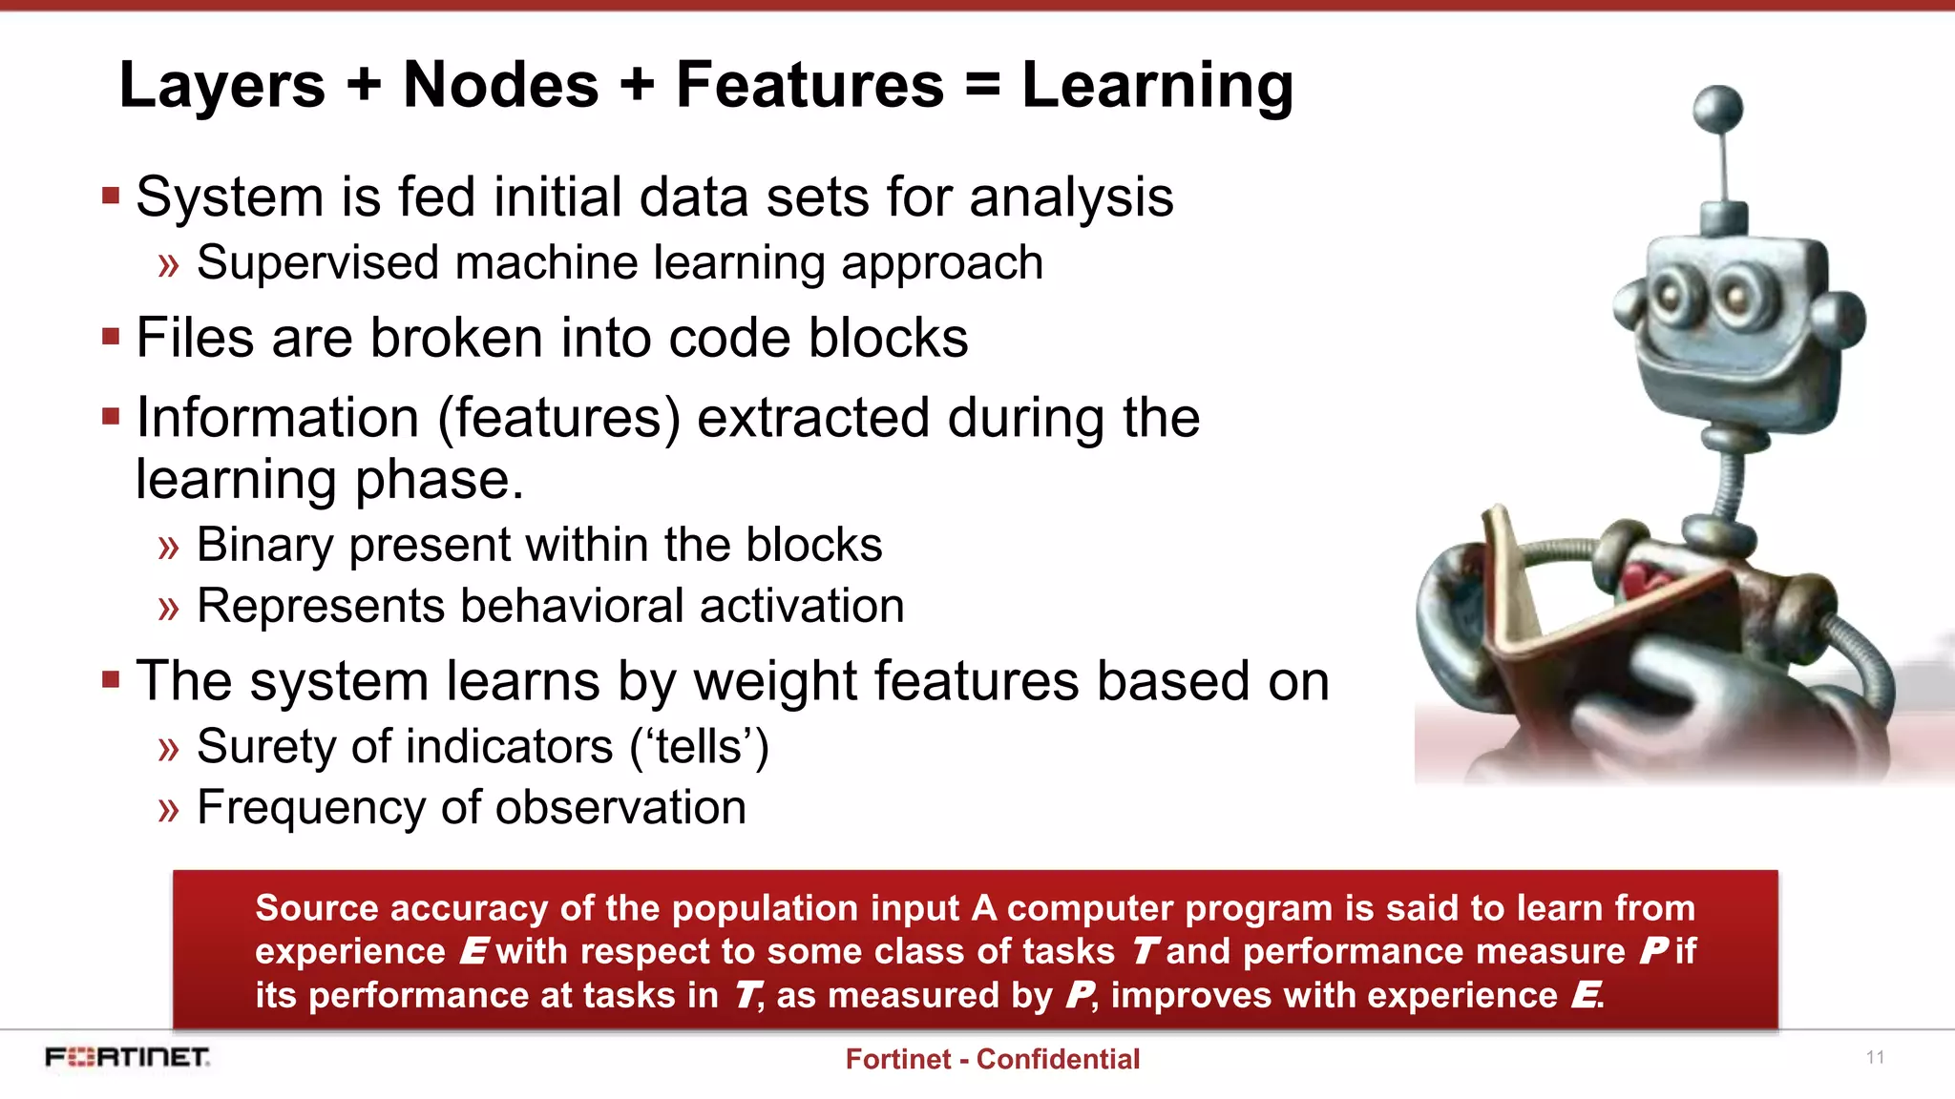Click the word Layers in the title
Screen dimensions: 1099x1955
(x=221, y=86)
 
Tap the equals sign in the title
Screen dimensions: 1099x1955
(x=982, y=86)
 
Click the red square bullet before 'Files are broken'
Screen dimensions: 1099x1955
(x=111, y=337)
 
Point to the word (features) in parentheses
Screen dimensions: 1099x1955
(x=558, y=418)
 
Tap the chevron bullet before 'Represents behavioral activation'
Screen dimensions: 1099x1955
(x=169, y=608)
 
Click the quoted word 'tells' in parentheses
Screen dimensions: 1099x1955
(x=700, y=746)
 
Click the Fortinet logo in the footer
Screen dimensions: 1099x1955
(x=127, y=1057)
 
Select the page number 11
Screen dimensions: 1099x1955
(x=1875, y=1057)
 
